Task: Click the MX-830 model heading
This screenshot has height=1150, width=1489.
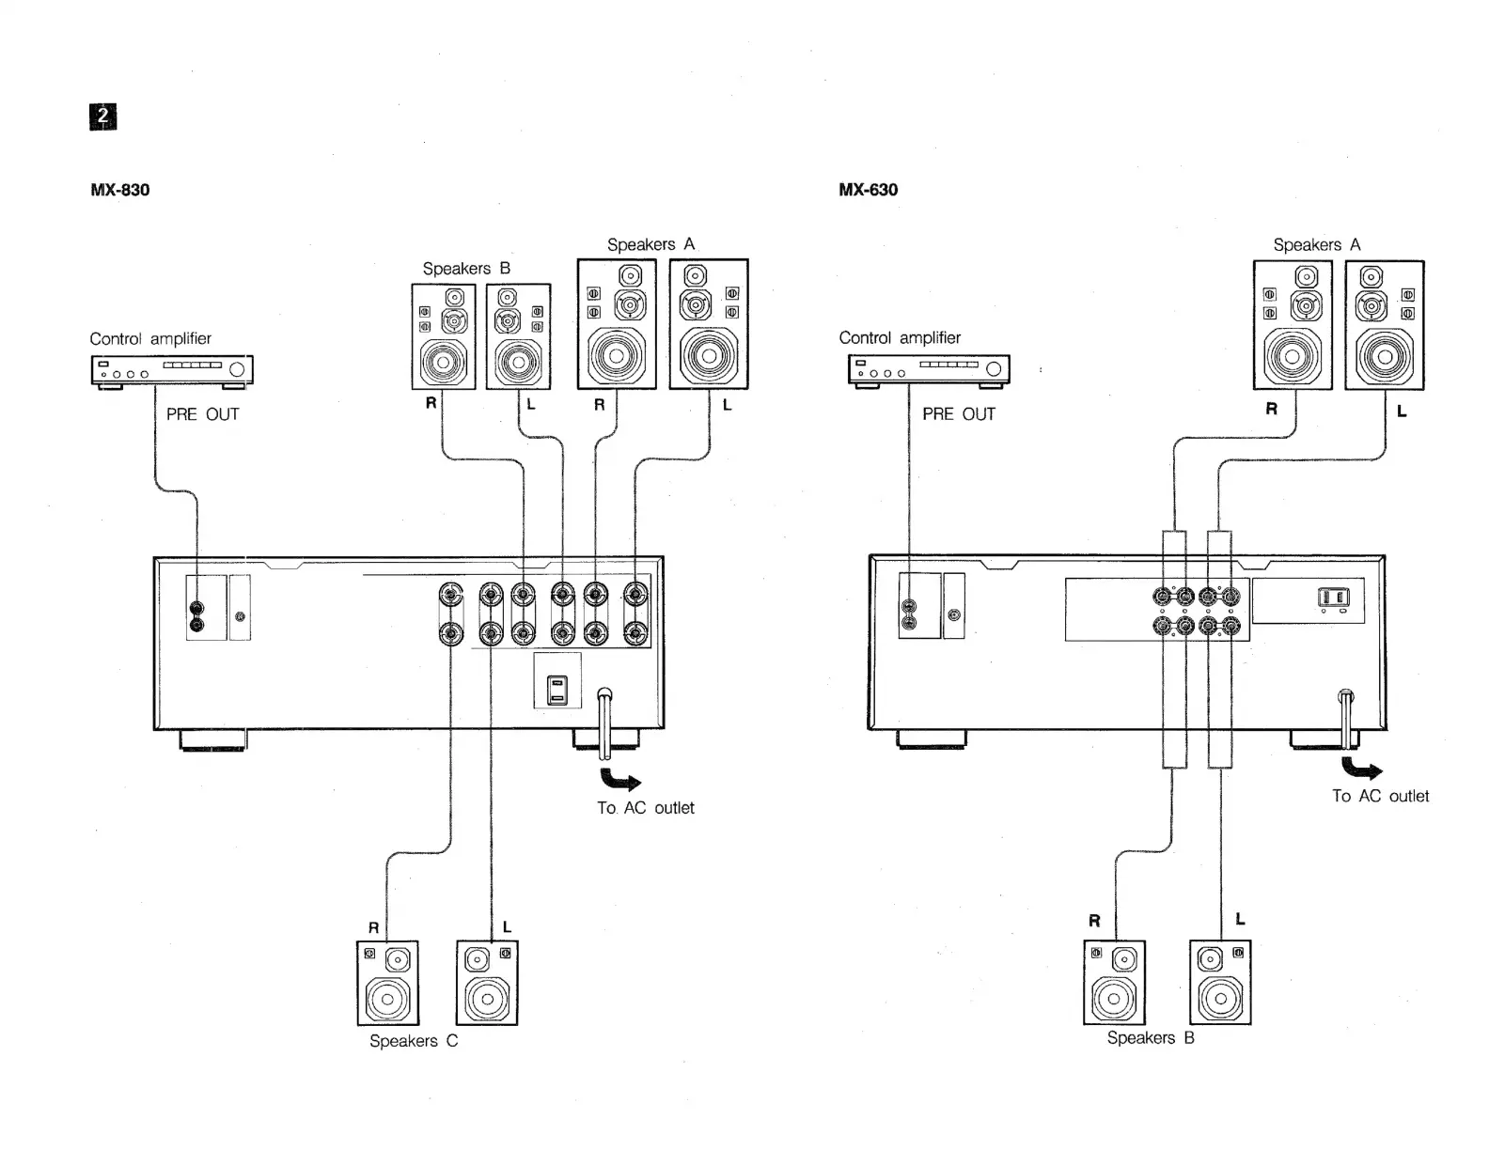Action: click(x=119, y=190)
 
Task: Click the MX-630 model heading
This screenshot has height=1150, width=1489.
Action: click(x=868, y=190)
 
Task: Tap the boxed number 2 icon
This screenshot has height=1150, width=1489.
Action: click(x=103, y=117)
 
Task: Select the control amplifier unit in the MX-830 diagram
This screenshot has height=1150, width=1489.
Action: click(x=172, y=370)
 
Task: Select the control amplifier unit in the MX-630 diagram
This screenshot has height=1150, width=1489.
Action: click(x=929, y=369)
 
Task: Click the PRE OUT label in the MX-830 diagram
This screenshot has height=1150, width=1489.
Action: click(x=202, y=414)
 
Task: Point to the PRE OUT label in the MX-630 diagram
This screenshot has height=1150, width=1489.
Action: click(x=958, y=414)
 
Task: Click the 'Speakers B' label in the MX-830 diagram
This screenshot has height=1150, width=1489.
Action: click(x=466, y=269)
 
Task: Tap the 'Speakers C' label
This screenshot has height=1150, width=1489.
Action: click(x=414, y=1041)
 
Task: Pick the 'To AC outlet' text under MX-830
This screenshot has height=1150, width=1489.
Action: click(x=645, y=808)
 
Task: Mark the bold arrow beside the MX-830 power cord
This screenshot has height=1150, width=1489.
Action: click(x=620, y=780)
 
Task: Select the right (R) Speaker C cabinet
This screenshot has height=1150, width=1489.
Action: click(x=387, y=983)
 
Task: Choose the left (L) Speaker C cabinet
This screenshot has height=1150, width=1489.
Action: click(x=487, y=983)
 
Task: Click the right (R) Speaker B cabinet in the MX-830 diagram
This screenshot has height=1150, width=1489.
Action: click(x=444, y=336)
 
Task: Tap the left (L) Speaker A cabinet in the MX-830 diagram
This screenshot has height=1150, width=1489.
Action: click(x=709, y=324)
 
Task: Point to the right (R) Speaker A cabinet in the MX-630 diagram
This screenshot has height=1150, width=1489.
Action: click(x=1293, y=325)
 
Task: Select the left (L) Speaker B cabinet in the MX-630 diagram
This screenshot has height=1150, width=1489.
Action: click(x=1220, y=983)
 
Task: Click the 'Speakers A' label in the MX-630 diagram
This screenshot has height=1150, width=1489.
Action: click(x=1316, y=245)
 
